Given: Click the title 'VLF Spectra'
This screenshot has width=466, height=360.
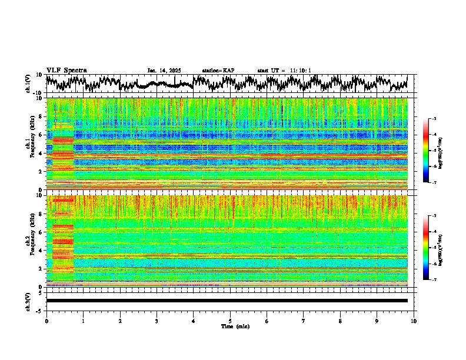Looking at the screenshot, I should [66, 70].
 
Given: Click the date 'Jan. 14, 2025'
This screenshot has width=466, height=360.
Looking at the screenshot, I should [164, 71].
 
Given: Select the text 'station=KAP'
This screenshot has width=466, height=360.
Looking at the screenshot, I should [218, 71].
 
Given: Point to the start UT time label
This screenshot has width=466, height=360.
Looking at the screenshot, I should [284, 71].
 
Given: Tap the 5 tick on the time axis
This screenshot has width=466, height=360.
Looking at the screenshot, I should [230, 321].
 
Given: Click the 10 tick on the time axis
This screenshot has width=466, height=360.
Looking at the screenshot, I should [414, 321].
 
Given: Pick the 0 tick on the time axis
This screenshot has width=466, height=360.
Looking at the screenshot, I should [46, 321].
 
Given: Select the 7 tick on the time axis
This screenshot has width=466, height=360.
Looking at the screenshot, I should [304, 321].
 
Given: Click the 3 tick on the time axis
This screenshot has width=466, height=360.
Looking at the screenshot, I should [157, 321].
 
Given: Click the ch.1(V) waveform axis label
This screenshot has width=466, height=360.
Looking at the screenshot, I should [28, 84].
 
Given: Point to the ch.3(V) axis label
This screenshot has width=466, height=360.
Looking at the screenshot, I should [28, 301].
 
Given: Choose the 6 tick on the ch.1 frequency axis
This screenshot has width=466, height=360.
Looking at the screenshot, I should [42, 135].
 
